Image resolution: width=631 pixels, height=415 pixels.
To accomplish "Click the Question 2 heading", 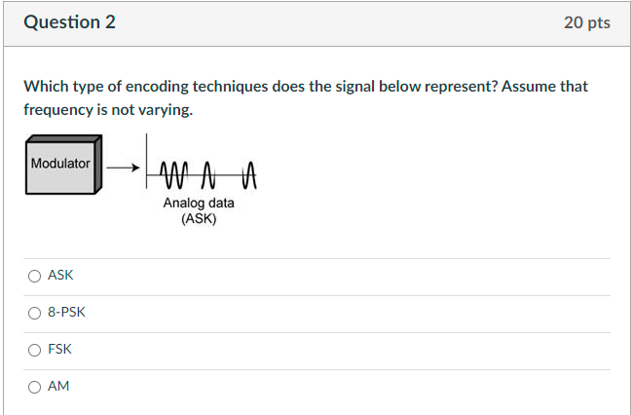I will (x=69, y=22).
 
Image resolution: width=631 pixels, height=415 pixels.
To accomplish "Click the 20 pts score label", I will (x=586, y=22).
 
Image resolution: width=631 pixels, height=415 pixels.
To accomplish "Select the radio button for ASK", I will (x=34, y=276).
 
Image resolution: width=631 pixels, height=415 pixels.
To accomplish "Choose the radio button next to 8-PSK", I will (x=34, y=313).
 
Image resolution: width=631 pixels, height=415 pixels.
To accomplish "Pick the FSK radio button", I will (x=34, y=349).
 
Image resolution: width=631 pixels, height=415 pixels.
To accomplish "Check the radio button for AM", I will (x=34, y=386).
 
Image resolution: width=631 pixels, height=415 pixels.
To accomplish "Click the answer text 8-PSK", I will (x=66, y=313).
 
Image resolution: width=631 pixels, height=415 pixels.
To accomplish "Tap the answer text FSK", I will (x=59, y=349).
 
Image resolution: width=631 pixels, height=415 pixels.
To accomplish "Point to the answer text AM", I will (x=58, y=386).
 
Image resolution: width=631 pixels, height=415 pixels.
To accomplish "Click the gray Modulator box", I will (x=60, y=165).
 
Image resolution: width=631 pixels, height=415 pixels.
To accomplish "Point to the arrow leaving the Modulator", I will (x=123, y=168).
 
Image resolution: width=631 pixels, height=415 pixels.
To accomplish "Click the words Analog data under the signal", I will (x=199, y=203).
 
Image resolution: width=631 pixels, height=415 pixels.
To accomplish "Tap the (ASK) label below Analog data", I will (x=199, y=218).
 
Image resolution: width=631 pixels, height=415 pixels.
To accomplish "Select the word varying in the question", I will (x=166, y=110).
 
